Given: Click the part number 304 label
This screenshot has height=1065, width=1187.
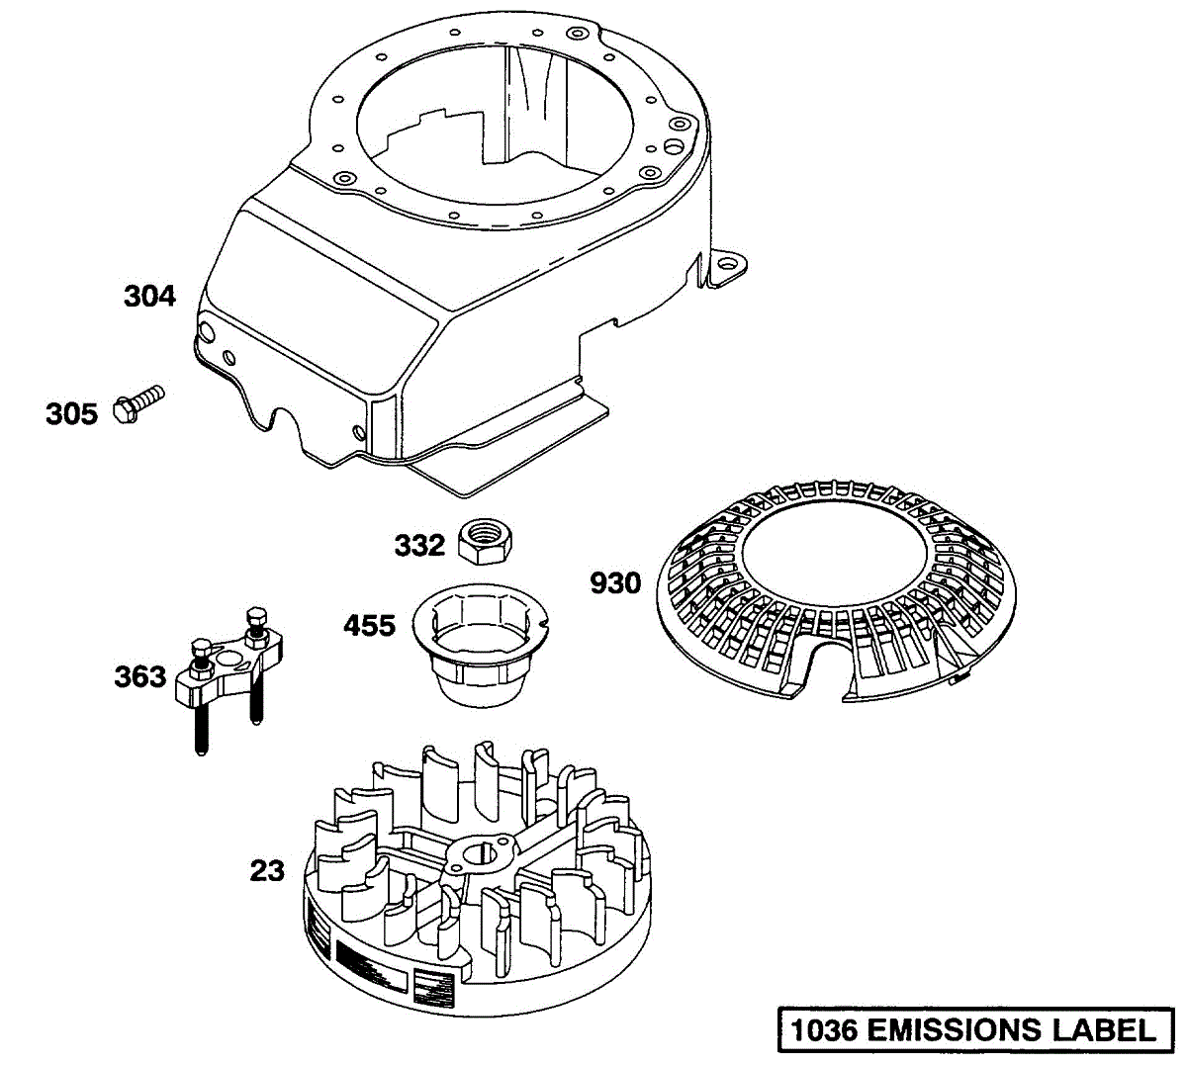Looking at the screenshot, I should click(149, 296).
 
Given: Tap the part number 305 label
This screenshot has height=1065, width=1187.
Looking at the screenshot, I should click(71, 413).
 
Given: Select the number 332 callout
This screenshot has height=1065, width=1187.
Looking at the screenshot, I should click(419, 545).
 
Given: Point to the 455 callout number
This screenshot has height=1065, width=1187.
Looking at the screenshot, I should click(369, 626).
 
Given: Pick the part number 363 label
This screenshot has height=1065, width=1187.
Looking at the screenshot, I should click(139, 677).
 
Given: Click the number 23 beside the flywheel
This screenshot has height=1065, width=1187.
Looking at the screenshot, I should click(266, 871).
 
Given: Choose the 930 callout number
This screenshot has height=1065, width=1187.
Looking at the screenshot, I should click(615, 583).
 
